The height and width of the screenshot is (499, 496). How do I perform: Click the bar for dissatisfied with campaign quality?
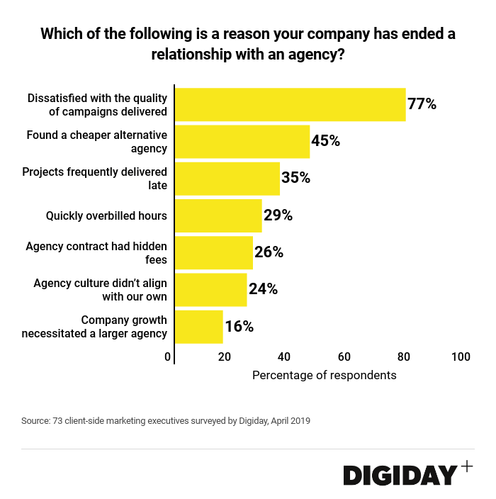point(290,105)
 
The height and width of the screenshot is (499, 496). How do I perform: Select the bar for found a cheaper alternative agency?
point(242,142)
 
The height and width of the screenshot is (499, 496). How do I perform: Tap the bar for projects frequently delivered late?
point(227,179)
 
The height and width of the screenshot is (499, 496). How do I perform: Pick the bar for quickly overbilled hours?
point(218,215)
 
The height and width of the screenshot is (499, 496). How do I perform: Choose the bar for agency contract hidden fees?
point(214,252)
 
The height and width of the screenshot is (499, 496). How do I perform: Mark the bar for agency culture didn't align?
point(210,289)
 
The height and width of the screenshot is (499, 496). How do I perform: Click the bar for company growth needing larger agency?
point(199,326)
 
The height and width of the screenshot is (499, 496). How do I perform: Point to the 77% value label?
point(422,104)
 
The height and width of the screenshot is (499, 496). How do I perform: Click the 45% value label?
point(326,141)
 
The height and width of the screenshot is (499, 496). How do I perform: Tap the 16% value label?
point(239,327)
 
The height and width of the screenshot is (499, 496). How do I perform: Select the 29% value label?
point(278,215)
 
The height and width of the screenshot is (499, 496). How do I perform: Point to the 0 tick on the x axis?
point(168,357)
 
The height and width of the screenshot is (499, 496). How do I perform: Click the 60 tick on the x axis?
point(344,357)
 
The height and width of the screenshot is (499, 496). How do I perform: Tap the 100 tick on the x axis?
point(461,357)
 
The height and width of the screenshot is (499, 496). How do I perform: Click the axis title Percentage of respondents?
point(325,375)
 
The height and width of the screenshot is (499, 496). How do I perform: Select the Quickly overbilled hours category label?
point(106,215)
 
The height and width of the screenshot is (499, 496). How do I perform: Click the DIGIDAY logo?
point(400,475)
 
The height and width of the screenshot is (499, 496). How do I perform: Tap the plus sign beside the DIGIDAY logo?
point(466,466)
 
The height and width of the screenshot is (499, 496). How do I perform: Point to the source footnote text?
point(166,420)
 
